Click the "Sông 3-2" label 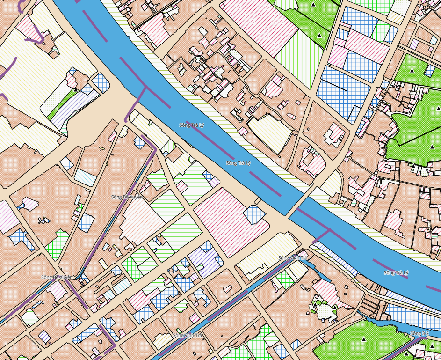click(419, 333)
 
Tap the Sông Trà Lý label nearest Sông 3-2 click(396, 272)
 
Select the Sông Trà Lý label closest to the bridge click(238, 163)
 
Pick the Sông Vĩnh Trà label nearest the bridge click(292, 258)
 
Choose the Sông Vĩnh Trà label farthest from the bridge click(187, 335)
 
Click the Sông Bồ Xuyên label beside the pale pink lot click(126, 197)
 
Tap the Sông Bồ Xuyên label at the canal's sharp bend click(57, 277)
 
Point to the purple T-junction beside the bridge click(329, 230)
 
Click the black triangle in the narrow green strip click(75, 89)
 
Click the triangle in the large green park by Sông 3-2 click(364, 339)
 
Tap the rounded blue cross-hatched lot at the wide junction click(101, 82)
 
